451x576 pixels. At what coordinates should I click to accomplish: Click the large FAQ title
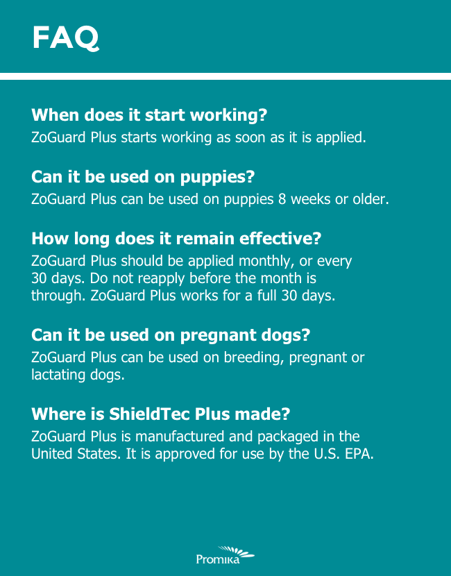(x=65, y=38)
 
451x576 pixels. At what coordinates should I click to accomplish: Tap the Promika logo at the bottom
(x=225, y=554)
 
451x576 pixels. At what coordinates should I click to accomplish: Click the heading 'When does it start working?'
(x=149, y=115)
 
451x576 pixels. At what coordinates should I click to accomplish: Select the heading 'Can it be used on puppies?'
(x=143, y=177)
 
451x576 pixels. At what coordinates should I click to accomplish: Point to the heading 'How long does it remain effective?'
(x=176, y=239)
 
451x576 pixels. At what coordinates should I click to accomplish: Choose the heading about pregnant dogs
(x=171, y=335)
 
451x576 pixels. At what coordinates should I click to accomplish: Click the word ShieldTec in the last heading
(x=149, y=414)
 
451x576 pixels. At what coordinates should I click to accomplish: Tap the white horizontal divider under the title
(x=226, y=76)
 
